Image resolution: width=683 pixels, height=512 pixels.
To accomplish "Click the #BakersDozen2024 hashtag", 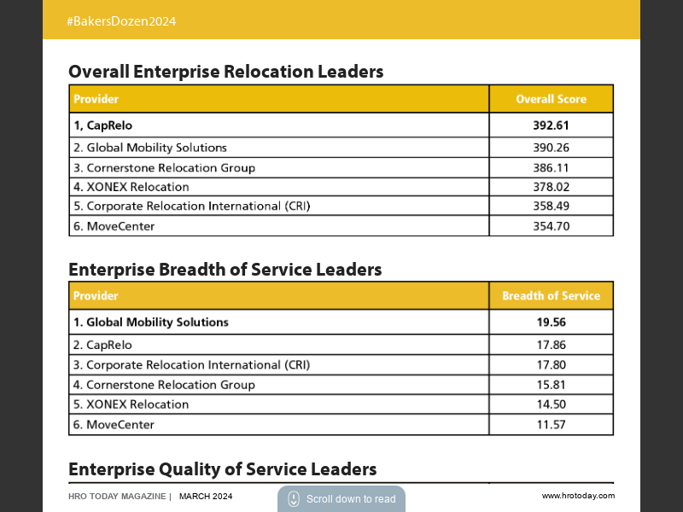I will [x=121, y=21].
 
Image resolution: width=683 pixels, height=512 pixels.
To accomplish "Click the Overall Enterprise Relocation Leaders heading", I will [x=225, y=72].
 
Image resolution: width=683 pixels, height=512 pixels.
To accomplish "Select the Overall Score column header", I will [x=551, y=99].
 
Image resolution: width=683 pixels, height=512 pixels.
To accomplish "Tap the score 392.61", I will [x=551, y=125].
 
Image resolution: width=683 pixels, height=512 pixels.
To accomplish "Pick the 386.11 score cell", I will [x=551, y=168].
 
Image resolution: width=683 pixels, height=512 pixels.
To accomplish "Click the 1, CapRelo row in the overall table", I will [x=102, y=125].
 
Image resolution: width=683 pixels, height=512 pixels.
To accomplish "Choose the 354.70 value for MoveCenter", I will [x=551, y=226].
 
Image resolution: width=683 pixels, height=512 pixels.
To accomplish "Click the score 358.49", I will [x=551, y=207].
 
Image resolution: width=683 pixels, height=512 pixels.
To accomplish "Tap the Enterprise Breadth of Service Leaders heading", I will [x=225, y=270].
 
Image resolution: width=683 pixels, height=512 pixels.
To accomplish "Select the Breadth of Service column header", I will [x=551, y=296].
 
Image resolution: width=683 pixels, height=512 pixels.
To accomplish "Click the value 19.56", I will [x=551, y=323].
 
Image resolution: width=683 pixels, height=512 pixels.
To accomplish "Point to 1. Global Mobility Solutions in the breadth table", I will [x=151, y=323].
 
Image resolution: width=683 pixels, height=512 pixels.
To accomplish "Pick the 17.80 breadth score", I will [x=551, y=365].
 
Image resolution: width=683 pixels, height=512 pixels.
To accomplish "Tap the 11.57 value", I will [x=551, y=424].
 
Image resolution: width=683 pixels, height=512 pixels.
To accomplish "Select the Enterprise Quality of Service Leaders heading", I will [x=222, y=469].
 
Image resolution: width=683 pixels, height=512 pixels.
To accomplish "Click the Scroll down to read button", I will [x=341, y=499].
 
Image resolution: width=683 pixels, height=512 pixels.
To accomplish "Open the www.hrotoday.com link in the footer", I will [x=578, y=496].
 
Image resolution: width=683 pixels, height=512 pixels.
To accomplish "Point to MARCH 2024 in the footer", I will [x=206, y=497].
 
